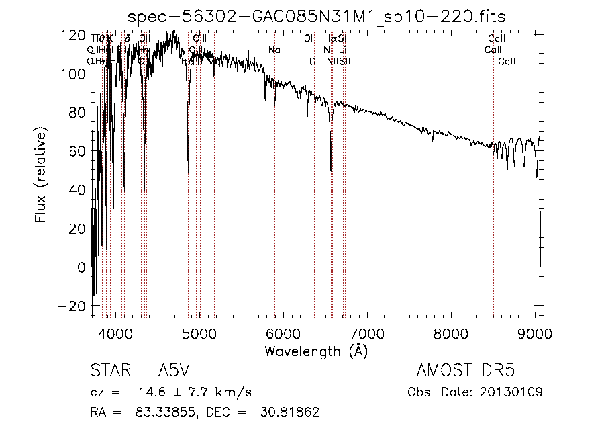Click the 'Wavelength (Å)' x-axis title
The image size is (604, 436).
[x=316, y=351]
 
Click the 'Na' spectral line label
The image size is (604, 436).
[x=274, y=50]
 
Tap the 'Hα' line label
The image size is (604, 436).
[x=330, y=39]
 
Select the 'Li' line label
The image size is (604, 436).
[x=342, y=50]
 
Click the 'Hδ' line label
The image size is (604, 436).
[x=123, y=39]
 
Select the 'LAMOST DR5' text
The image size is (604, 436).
[x=460, y=371]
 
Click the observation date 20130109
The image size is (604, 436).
[x=514, y=392]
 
